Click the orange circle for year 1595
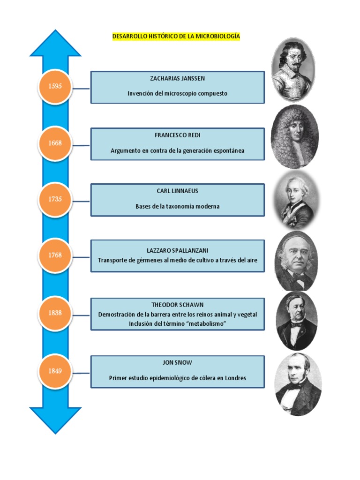pyautogui.click(x=55, y=86)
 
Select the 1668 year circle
pyautogui.click(x=55, y=143)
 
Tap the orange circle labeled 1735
pyautogui.click(x=55, y=199)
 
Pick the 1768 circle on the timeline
pyautogui.click(x=55, y=255)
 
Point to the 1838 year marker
pyautogui.click(x=55, y=313)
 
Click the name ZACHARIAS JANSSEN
pyautogui.click(x=177, y=78)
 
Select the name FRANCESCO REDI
pyautogui.click(x=177, y=135)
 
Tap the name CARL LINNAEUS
pyautogui.click(x=177, y=191)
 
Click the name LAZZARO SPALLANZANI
pyautogui.click(x=177, y=250)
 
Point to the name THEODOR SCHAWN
pyautogui.click(x=177, y=305)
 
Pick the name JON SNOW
pyautogui.click(x=177, y=363)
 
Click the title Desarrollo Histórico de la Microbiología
pyautogui.click(x=176, y=36)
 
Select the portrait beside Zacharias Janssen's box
pyautogui.click(x=293, y=69)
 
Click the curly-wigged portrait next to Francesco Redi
pyautogui.click(x=294, y=136)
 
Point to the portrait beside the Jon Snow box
pyautogui.click(x=298, y=384)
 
